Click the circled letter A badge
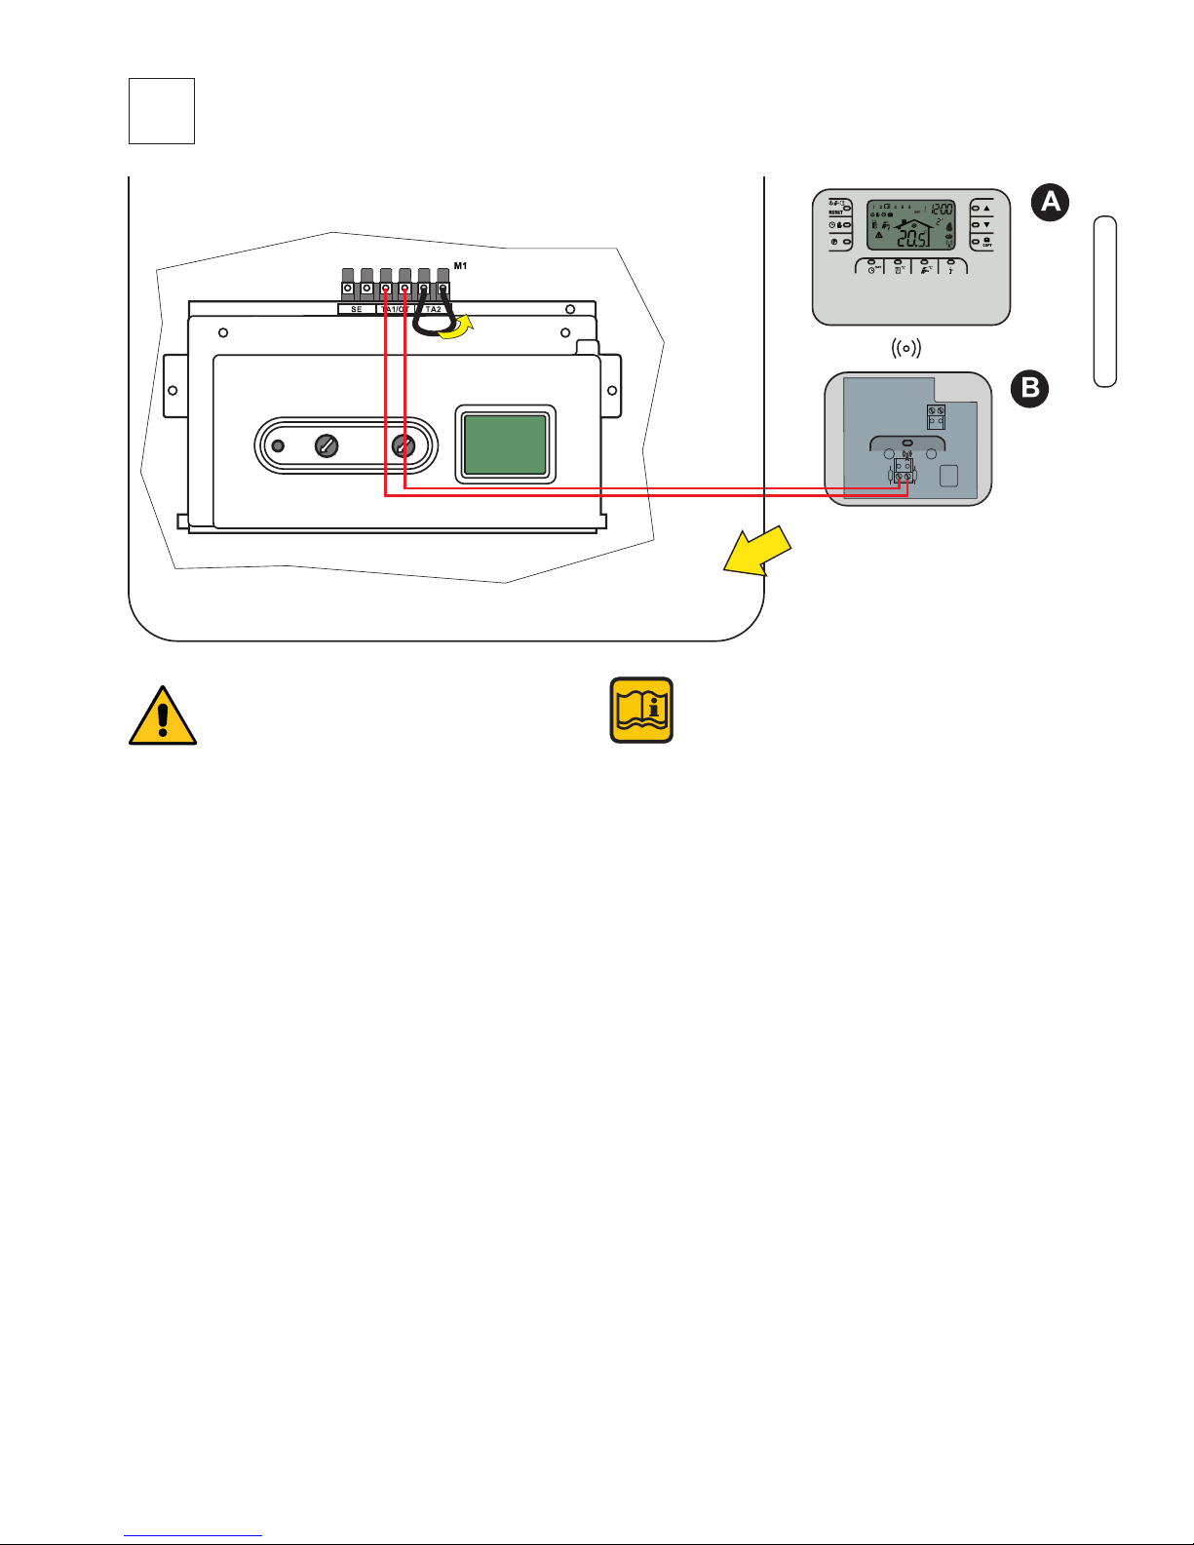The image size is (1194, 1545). (x=1049, y=202)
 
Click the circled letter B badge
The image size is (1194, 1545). (x=1029, y=390)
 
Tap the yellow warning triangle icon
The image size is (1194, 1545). (x=163, y=715)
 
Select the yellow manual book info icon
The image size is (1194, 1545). (x=641, y=710)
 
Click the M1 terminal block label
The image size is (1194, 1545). (x=460, y=266)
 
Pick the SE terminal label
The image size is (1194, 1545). (x=357, y=309)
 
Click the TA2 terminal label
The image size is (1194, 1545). (x=434, y=309)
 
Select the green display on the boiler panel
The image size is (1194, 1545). (x=505, y=444)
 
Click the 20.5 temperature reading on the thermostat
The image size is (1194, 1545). (x=913, y=240)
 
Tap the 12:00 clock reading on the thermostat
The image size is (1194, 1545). (x=941, y=209)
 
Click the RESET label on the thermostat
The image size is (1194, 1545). (x=835, y=212)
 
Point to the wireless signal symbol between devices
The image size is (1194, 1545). (x=907, y=348)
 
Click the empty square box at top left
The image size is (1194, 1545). (x=162, y=111)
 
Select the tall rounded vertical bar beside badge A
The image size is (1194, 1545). (x=1104, y=301)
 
